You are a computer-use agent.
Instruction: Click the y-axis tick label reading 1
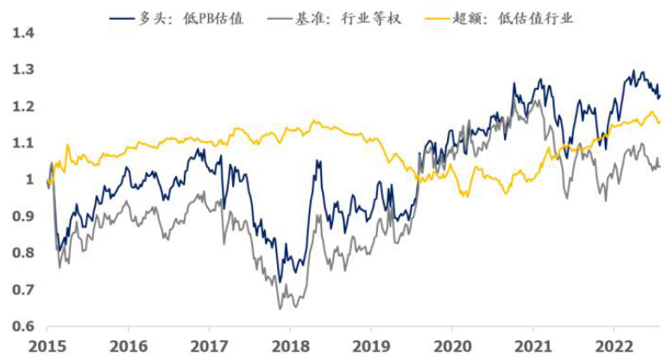click(28, 180)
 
